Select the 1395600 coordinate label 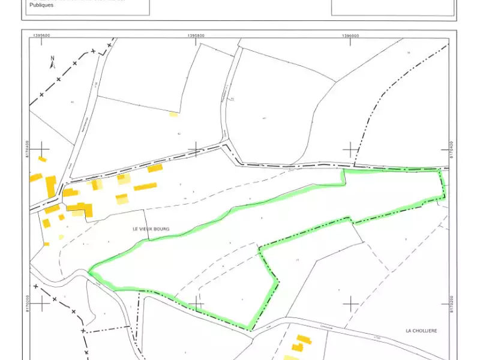pyautogui.click(x=42, y=35)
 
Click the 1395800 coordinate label pyautogui.click(x=196, y=35)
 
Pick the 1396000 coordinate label pyautogui.click(x=351, y=35)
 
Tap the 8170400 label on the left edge pyautogui.click(x=26, y=149)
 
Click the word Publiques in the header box pyautogui.click(x=41, y=5)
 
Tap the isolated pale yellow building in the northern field pyautogui.click(x=173, y=113)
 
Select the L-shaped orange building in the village pyautogui.click(x=83, y=209)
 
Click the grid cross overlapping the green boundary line pyautogui.click(x=196, y=304)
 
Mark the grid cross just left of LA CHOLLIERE pyautogui.click(x=350, y=304)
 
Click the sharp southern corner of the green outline pyautogui.click(x=248, y=329)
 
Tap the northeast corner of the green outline pyautogui.click(x=443, y=170)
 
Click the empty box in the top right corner pyautogui.click(x=393, y=7)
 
